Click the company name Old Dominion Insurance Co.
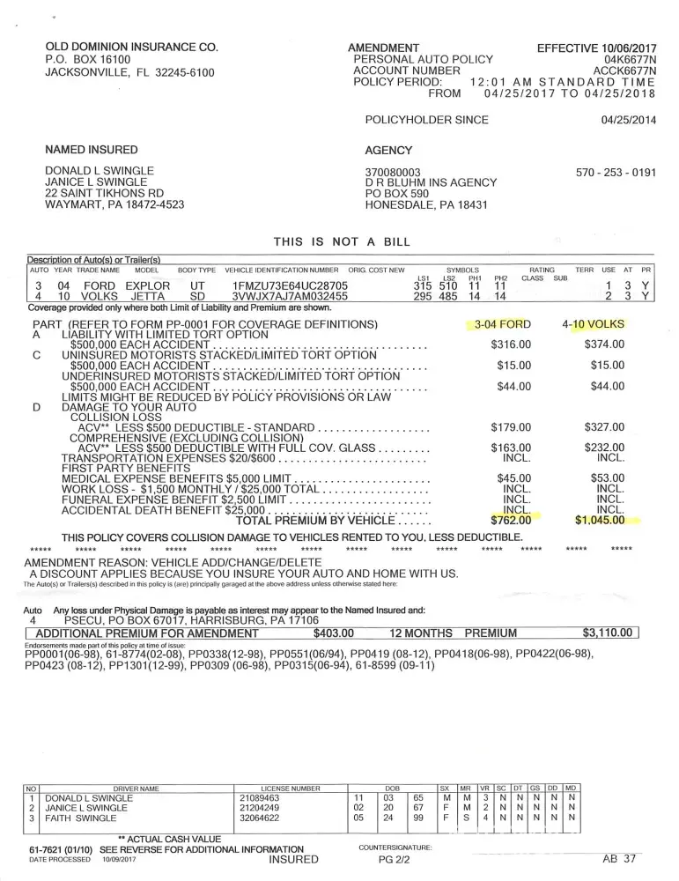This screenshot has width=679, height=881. pos(131,47)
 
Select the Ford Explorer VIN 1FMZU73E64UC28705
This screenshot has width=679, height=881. pos(290,286)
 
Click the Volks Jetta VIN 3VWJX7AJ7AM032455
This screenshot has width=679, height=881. pos(290,298)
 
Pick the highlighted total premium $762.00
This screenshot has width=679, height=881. pos(512,520)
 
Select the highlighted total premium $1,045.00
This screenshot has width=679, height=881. pos(600,520)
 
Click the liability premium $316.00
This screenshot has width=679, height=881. pos(512,344)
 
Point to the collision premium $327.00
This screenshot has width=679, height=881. pos(604,428)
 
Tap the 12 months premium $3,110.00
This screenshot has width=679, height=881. pos(608,633)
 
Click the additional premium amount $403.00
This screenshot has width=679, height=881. pos(333,633)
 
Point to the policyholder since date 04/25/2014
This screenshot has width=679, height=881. pos(629,120)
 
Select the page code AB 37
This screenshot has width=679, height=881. pos(619,857)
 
